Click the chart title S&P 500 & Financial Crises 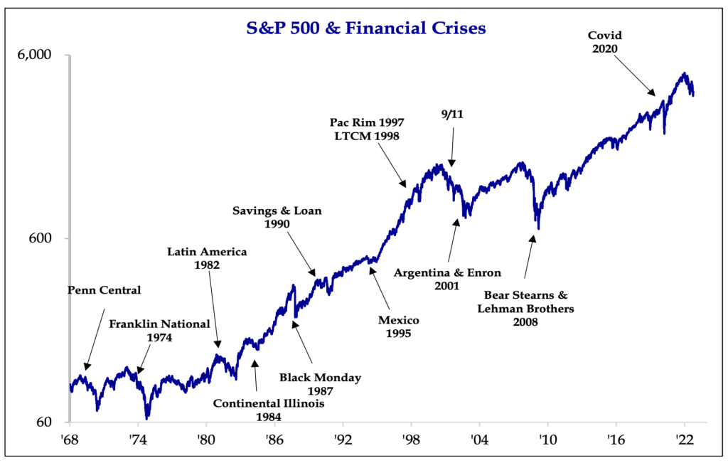point(365,28)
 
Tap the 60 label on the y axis point(56,422)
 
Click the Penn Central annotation point(104,290)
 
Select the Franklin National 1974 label point(159,331)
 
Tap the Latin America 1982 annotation point(207,258)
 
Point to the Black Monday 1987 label point(320,384)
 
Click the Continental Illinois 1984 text point(269,410)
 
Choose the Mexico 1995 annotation point(399,326)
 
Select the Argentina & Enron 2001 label point(448,280)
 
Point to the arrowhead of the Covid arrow point(653,92)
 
